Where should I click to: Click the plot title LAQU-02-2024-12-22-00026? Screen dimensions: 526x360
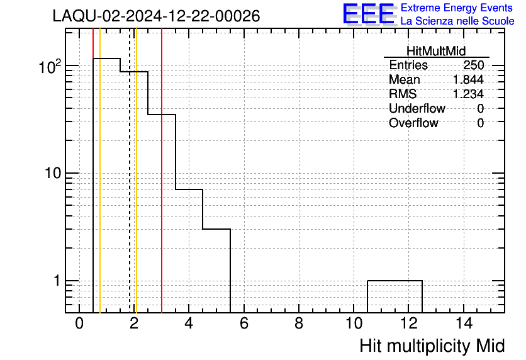[156, 16]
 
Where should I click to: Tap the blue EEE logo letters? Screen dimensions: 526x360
[369, 14]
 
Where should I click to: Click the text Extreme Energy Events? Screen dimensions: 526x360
[457, 8]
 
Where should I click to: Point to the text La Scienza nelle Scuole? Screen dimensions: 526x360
[457, 21]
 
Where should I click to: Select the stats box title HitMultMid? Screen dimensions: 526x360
[436, 51]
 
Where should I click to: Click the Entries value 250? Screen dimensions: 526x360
[474, 65]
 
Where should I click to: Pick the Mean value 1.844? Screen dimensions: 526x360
[468, 79]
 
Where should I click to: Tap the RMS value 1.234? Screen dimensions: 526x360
[468, 94]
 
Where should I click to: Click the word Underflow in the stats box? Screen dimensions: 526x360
[417, 108]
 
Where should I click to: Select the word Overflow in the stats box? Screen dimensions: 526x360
[413, 123]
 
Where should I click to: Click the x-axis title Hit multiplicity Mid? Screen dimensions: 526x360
[432, 346]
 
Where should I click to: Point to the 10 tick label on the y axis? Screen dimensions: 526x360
[53, 173]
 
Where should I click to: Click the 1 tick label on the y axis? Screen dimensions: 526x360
[57, 281]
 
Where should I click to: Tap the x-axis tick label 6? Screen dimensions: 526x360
[244, 323]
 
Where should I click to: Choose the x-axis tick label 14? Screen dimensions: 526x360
[464, 323]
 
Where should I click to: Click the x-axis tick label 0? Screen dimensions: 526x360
[79, 323]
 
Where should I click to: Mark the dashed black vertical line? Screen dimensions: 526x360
[130, 171]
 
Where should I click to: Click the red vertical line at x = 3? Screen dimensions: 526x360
[162, 171]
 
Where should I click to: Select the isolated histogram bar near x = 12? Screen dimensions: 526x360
[395, 281]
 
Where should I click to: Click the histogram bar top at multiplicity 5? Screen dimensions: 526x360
[216, 229]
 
